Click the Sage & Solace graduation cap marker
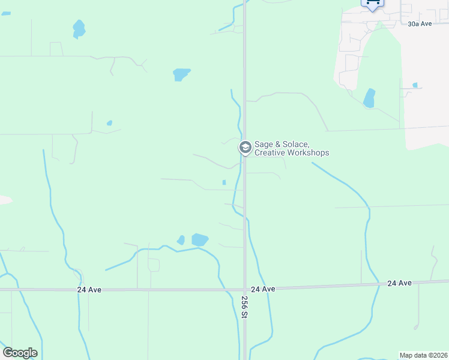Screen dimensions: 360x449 pyautogui.click(x=245, y=147)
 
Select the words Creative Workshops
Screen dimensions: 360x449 pyautogui.click(x=292, y=153)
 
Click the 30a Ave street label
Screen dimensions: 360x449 pyautogui.click(x=420, y=24)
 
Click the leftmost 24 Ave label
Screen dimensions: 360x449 pyautogui.click(x=89, y=289)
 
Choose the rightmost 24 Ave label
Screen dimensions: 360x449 pyautogui.click(x=399, y=283)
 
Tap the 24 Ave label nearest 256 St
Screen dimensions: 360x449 pyautogui.click(x=263, y=289)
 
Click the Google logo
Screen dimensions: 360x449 pyautogui.click(x=20, y=353)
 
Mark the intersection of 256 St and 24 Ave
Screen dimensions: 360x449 pyautogui.click(x=245, y=289)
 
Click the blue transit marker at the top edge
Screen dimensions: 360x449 pyautogui.click(x=372, y=4)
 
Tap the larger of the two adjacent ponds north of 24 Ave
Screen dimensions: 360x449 pyautogui.click(x=199, y=240)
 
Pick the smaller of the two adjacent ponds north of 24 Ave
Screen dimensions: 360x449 pyautogui.click(x=181, y=240)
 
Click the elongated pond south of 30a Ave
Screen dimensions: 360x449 pyautogui.click(x=369, y=98)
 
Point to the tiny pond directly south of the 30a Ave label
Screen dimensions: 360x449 pyautogui.click(x=415, y=85)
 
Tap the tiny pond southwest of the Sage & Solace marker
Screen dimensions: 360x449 pyautogui.click(x=224, y=182)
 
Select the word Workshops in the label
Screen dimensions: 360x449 pyautogui.click(x=308, y=153)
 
